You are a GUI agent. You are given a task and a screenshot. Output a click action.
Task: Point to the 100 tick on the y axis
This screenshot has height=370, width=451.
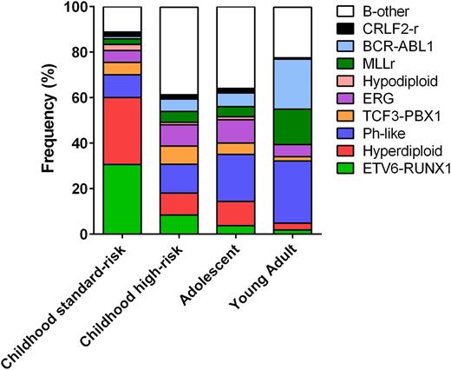(x=78, y=8)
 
